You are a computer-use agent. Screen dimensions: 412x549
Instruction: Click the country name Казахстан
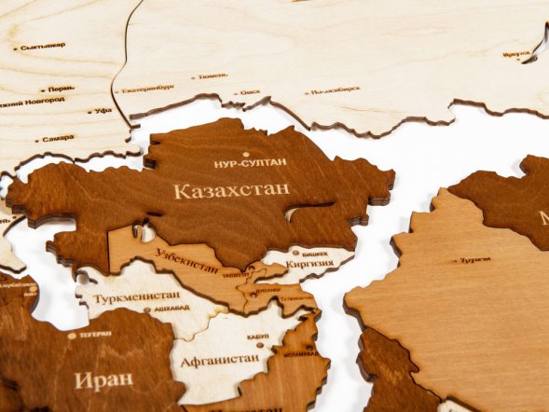(x=231, y=189)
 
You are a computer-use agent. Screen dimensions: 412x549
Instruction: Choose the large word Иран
(x=103, y=380)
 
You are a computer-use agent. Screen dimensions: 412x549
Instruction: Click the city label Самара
(x=58, y=138)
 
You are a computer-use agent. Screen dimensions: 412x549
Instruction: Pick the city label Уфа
(x=103, y=110)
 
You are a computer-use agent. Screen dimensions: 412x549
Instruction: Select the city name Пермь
(x=62, y=89)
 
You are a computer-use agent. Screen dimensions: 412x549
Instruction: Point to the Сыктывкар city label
(x=43, y=46)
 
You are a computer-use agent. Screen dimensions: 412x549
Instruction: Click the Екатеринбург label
(x=147, y=88)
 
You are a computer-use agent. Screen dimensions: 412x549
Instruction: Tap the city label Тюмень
(x=213, y=76)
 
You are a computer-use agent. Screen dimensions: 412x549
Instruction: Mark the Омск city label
(x=250, y=92)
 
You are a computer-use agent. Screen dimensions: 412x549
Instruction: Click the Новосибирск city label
(x=336, y=91)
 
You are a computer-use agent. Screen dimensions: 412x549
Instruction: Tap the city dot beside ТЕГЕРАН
(x=72, y=336)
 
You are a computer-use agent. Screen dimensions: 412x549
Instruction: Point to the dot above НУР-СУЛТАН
(x=246, y=154)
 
